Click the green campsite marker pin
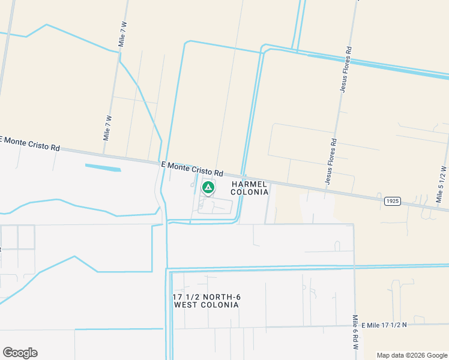(208, 188)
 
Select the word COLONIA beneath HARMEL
(249, 192)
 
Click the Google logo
(20, 353)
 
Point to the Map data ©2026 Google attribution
(412, 355)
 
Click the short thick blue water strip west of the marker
(103, 167)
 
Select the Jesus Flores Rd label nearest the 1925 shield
(331, 160)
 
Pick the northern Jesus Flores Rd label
(346, 71)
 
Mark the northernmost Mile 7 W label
(122, 34)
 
